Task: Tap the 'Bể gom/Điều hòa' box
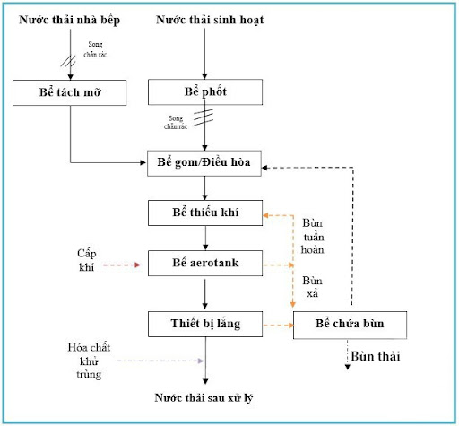pyautogui.click(x=205, y=163)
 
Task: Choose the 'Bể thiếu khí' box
pyautogui.click(x=205, y=213)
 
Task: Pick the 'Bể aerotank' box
pyautogui.click(x=205, y=265)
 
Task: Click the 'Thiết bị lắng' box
pyautogui.click(x=205, y=321)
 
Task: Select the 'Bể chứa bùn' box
pyautogui.click(x=350, y=324)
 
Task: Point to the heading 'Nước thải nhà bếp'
pyautogui.click(x=69, y=20)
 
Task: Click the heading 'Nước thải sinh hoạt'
pyautogui.click(x=205, y=20)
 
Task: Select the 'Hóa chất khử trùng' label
pyautogui.click(x=87, y=361)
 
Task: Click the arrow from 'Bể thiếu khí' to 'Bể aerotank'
pyautogui.click(x=205, y=238)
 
